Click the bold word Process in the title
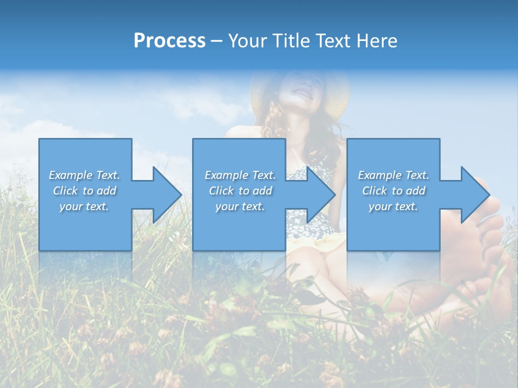(x=169, y=41)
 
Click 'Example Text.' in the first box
(x=84, y=175)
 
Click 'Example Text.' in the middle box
(x=240, y=175)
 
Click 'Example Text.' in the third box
(x=393, y=175)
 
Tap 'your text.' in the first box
(x=84, y=206)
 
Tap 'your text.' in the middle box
(x=240, y=206)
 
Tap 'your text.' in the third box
(x=393, y=206)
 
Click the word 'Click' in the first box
(x=66, y=191)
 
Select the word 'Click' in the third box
(x=375, y=191)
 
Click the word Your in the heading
(x=248, y=41)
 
